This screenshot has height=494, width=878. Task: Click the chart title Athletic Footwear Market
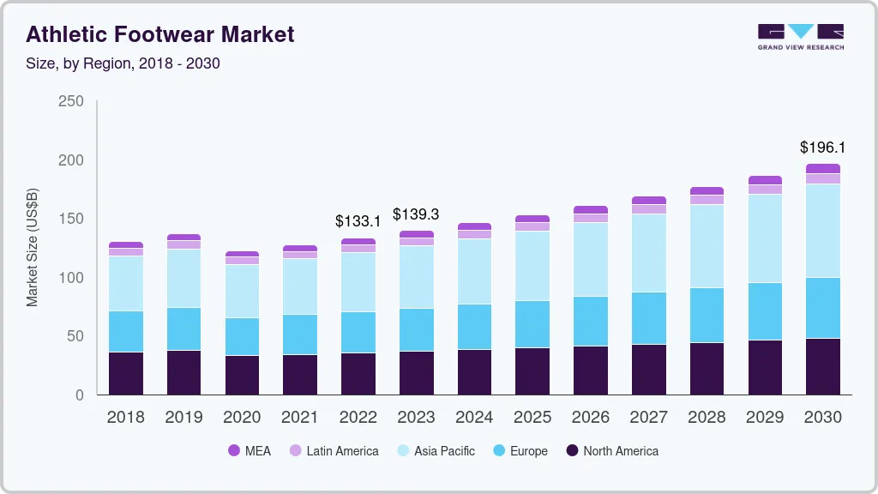(160, 34)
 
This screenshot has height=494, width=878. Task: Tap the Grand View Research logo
(801, 36)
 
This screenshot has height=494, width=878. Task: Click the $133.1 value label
(358, 221)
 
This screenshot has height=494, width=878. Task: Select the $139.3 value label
(416, 214)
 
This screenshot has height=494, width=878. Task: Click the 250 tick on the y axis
(71, 101)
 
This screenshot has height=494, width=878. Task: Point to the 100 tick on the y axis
(71, 278)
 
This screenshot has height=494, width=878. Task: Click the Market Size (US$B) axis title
(33, 248)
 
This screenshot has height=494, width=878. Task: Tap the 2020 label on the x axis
(242, 418)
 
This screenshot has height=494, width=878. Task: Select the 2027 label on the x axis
(648, 418)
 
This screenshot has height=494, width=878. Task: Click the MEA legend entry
(249, 451)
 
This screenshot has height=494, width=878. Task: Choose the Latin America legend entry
(334, 451)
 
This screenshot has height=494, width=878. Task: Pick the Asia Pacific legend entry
(436, 451)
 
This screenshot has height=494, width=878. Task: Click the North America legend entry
(612, 451)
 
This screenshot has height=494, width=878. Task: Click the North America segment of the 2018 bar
(126, 373)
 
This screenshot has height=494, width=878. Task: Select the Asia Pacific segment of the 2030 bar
(823, 231)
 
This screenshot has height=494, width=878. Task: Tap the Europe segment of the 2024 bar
(474, 327)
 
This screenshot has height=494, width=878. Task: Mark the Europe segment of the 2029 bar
(765, 311)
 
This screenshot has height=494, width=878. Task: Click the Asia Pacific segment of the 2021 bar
(300, 286)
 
